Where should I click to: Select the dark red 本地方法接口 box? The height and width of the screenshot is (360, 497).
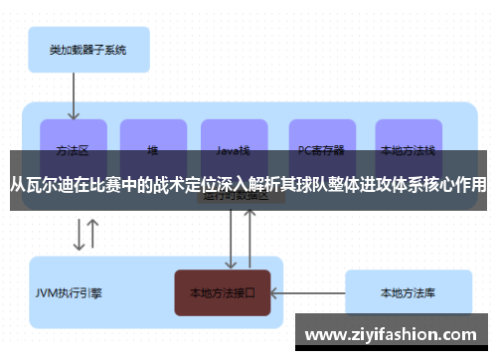point(223,293)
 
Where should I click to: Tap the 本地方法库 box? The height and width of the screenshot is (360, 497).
point(408,293)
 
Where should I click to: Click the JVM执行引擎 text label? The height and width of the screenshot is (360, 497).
point(69,293)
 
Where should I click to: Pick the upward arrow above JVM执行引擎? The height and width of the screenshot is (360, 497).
point(92,236)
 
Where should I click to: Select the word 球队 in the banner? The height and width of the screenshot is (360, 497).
point(312,184)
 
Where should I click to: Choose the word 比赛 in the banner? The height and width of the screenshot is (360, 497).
point(104,184)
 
